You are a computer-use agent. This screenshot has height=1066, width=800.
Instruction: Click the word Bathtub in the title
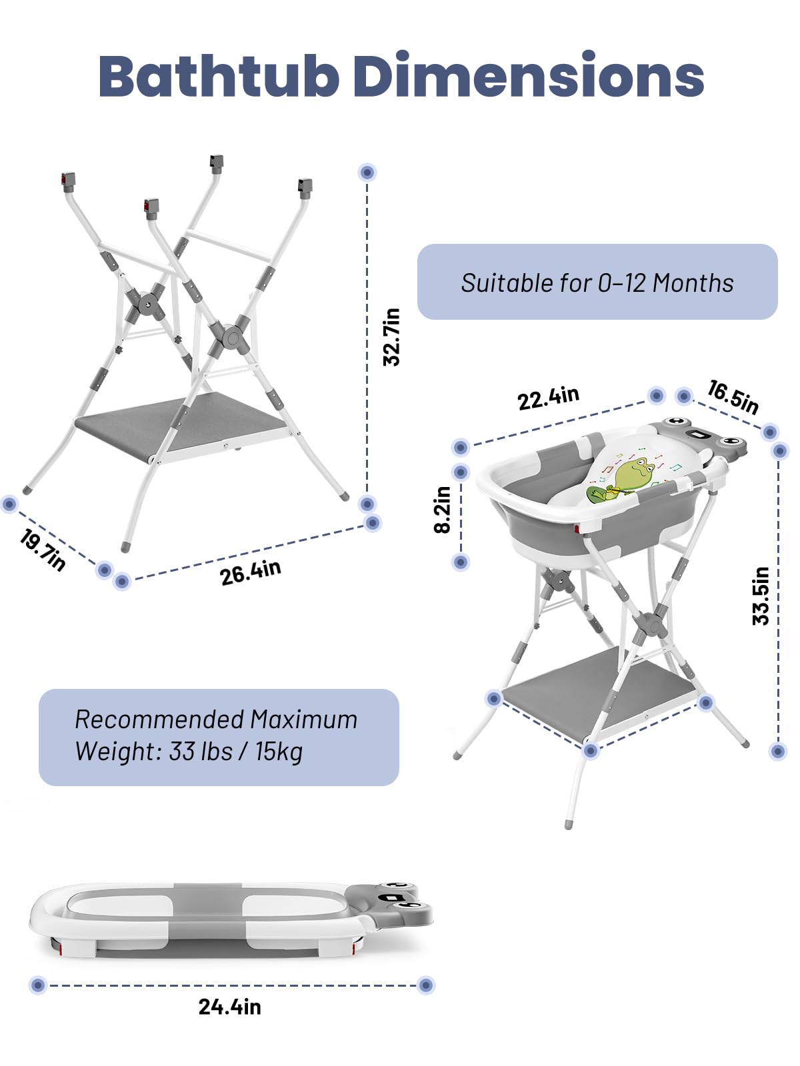pos(218,75)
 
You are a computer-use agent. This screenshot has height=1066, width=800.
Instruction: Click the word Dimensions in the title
pos(528,75)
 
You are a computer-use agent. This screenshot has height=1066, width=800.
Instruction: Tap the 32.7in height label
pos(391,336)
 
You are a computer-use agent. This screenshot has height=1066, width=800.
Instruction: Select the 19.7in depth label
pos(43,550)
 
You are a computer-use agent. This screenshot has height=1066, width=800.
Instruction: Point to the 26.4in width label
pos(250,573)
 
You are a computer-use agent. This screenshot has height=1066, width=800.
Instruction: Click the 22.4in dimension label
pos(549,398)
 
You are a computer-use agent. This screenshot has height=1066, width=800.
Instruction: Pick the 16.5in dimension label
pos(733,397)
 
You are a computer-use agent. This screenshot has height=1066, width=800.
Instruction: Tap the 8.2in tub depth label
pos(443,510)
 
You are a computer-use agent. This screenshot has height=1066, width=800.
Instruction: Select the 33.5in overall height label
pos(761,596)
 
